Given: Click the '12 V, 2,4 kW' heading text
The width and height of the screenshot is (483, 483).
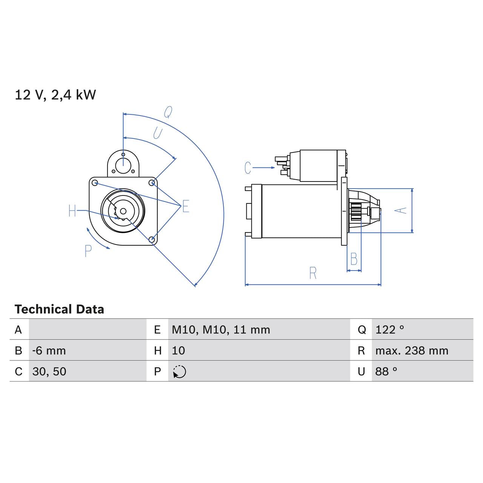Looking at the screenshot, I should (x=55, y=95).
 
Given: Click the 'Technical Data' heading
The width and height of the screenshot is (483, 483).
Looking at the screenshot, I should (x=59, y=309).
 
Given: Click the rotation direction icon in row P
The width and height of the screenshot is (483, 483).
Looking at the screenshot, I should (x=179, y=372).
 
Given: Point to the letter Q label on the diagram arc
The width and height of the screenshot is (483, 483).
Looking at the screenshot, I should (x=168, y=112).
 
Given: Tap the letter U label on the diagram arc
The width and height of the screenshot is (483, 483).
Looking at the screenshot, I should (x=157, y=133).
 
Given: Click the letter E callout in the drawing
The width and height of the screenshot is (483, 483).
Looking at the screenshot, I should (x=185, y=206).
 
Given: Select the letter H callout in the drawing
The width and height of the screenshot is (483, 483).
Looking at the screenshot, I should (x=72, y=211).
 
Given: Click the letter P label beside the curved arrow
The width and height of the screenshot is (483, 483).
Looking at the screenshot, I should (x=88, y=251).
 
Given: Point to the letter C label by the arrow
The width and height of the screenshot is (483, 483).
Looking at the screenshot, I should (x=248, y=168).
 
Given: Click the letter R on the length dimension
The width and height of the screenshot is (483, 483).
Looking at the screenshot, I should (x=312, y=273).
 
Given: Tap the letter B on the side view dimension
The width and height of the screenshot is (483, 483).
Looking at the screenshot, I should (x=354, y=259).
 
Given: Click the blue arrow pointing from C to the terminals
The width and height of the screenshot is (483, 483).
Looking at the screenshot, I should (x=264, y=168).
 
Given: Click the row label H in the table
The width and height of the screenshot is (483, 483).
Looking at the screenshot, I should (x=157, y=351).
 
